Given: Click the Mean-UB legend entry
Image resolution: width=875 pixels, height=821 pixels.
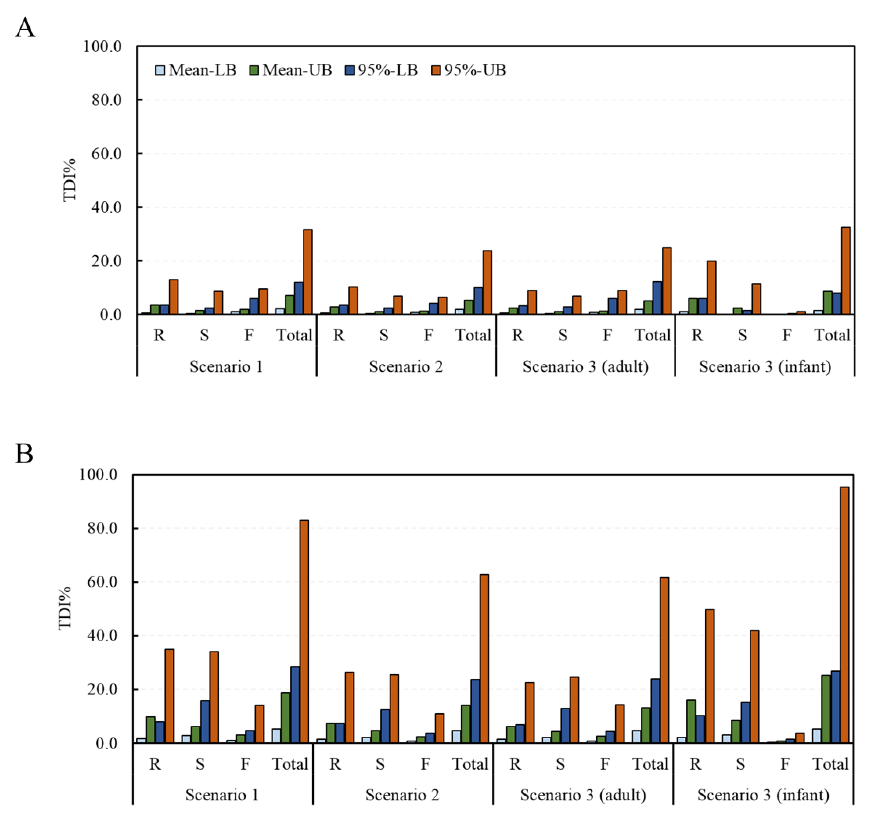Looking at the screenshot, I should pos(291,70).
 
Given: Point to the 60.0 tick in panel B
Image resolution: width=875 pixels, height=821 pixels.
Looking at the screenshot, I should pos(102,582).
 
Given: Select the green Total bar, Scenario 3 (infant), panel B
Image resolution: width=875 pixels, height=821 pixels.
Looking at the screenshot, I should pos(826,709).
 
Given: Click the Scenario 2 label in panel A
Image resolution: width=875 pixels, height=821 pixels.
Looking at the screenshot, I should pos(406,366).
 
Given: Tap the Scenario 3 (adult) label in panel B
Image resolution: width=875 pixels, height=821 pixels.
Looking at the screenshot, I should pos(583,795).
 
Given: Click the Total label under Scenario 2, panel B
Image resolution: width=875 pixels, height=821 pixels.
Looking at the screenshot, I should pos(470,764).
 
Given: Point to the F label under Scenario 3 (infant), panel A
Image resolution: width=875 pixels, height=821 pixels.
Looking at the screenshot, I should pos(787,336).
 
